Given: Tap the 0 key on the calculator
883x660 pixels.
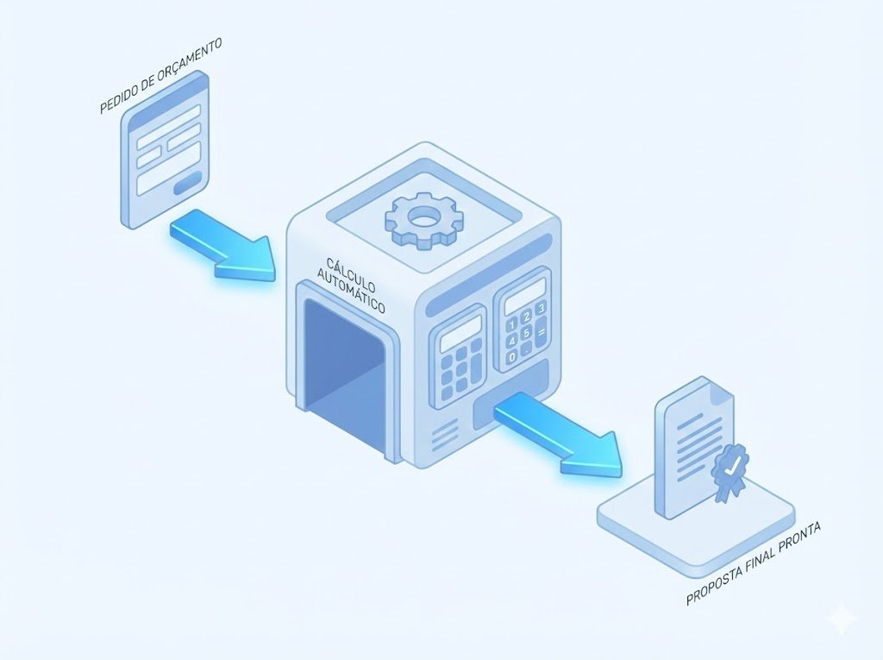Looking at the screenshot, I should (x=513, y=355).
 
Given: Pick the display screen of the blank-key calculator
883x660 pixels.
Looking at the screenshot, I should (x=461, y=333).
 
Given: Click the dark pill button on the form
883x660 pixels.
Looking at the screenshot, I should (x=187, y=182).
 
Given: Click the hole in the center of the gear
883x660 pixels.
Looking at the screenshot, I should (x=423, y=217).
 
